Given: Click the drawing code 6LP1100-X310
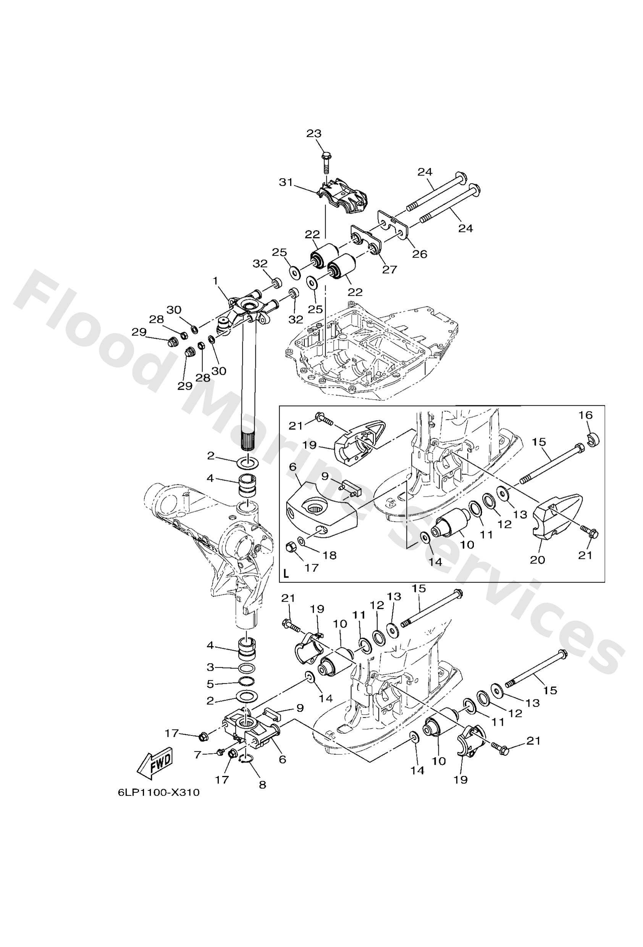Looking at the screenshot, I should [158, 792].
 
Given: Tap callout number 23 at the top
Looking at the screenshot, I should [313, 134].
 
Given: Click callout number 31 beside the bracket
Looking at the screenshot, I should [286, 182].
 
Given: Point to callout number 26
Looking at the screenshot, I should [419, 254].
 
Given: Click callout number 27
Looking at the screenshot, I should [389, 269].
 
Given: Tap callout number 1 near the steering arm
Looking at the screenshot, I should [215, 281].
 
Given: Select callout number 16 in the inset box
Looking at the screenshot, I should [585, 415].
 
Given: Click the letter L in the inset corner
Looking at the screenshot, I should [286, 574].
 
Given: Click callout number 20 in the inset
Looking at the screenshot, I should [537, 560].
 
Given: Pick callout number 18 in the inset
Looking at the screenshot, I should [329, 555].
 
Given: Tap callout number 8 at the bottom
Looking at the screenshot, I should [262, 784].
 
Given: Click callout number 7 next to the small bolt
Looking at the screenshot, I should [198, 755].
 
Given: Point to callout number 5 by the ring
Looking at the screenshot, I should [210, 683].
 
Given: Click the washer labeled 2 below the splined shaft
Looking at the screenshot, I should [247, 463].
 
